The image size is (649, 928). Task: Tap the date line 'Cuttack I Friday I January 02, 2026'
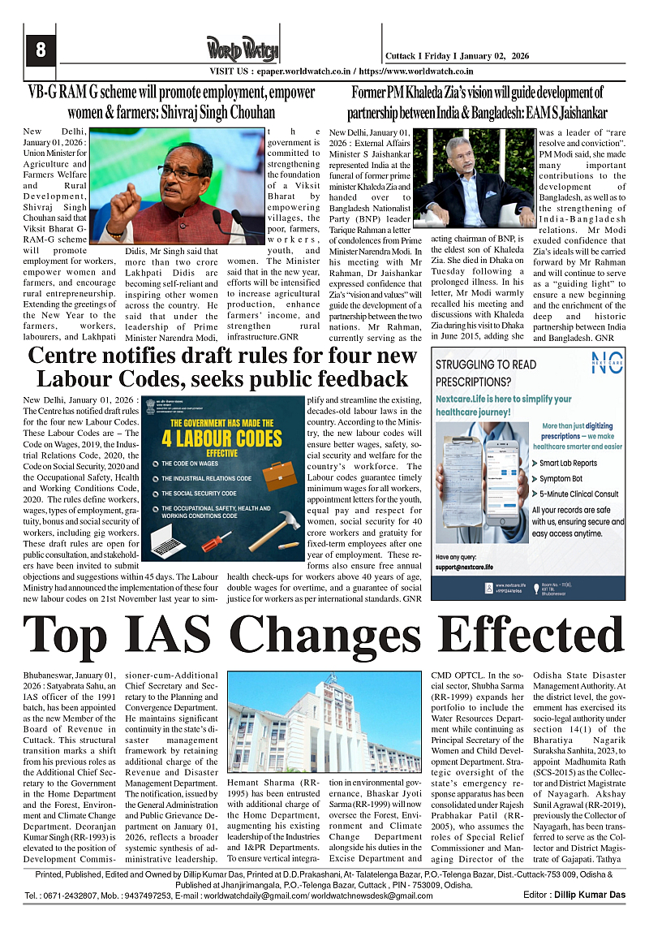coord(457,54)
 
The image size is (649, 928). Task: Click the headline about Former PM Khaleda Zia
coord(477,101)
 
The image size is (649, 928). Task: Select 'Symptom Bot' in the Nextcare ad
coord(565,478)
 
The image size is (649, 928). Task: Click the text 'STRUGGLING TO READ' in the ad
coord(486,365)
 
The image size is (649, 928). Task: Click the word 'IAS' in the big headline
coord(207,635)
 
